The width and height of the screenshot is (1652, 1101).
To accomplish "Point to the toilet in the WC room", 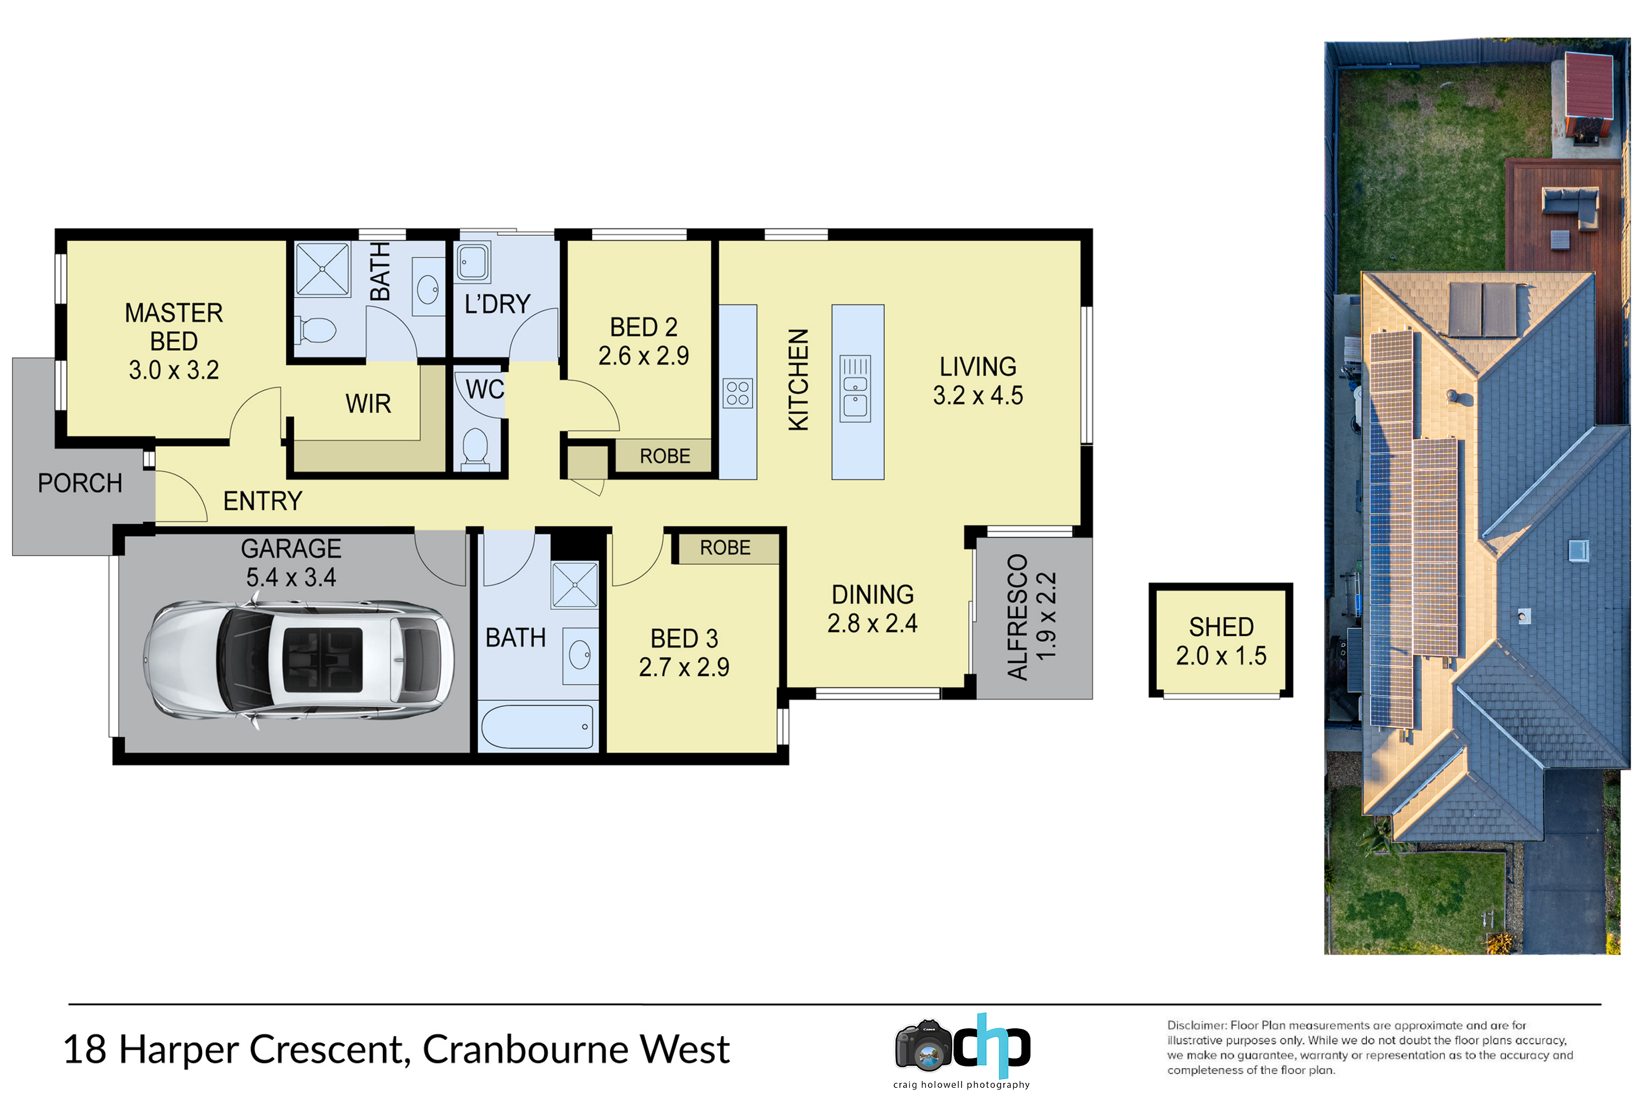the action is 476,449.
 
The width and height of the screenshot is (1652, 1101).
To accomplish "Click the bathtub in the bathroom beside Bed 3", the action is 537,727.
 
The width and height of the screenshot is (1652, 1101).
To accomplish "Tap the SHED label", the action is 1221,626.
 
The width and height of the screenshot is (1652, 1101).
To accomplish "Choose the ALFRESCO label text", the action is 1018,617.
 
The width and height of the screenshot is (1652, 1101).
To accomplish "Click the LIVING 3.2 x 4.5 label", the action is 978,380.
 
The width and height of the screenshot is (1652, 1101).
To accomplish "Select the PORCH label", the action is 80,483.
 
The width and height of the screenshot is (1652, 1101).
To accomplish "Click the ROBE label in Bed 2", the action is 665,456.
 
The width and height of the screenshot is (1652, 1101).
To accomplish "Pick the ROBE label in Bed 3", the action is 725,548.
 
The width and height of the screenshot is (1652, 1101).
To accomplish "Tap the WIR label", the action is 368,404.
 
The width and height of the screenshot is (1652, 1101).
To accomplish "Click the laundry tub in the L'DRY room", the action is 472,263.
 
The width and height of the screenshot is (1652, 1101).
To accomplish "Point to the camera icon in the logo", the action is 923,1047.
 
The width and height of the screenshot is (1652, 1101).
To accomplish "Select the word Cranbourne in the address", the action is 523,1049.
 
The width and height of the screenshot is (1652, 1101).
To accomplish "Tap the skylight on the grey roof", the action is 1578,550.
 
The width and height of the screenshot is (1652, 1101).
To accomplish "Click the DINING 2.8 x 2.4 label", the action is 872,609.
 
